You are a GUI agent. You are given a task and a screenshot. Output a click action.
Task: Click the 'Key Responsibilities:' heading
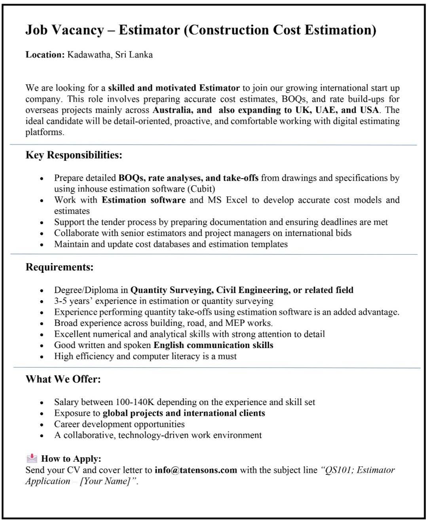coord(74,155)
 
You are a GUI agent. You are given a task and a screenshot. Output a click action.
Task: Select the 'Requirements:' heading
coord(59,267)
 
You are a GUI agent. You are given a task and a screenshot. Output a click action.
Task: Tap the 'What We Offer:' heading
coord(63,379)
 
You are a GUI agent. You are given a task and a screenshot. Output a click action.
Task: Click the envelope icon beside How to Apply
coord(31,459)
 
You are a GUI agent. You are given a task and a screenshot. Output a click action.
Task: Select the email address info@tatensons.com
coord(196,470)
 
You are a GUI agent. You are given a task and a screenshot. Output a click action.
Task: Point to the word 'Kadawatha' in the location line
coord(89,55)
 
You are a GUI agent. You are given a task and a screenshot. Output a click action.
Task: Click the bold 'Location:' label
coord(45,55)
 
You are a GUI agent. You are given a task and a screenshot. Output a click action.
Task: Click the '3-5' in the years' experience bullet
coord(61,301)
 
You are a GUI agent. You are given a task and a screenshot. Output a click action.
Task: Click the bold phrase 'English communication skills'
coord(213,345)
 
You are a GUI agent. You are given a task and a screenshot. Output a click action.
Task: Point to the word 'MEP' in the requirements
coord(235,323)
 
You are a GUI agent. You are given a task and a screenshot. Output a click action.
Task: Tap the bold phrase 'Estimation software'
coord(143,200)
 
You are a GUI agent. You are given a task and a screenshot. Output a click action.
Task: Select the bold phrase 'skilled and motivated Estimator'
coord(174,88)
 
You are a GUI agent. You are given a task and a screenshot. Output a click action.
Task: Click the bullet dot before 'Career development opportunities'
coord(42,425)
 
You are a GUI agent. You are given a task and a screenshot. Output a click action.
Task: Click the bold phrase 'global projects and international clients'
coord(184,413)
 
